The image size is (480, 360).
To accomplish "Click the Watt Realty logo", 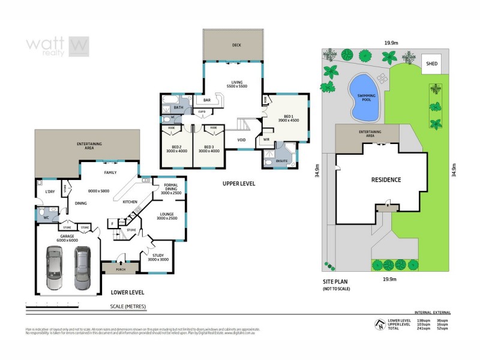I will [58, 45].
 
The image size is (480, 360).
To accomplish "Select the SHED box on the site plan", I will [431, 63].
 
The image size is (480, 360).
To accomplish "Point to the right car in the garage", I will [82, 267].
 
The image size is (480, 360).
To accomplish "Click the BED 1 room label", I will [288, 118].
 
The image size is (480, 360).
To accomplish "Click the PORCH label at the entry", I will [121, 269].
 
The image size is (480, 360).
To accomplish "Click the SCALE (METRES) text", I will [128, 306].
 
